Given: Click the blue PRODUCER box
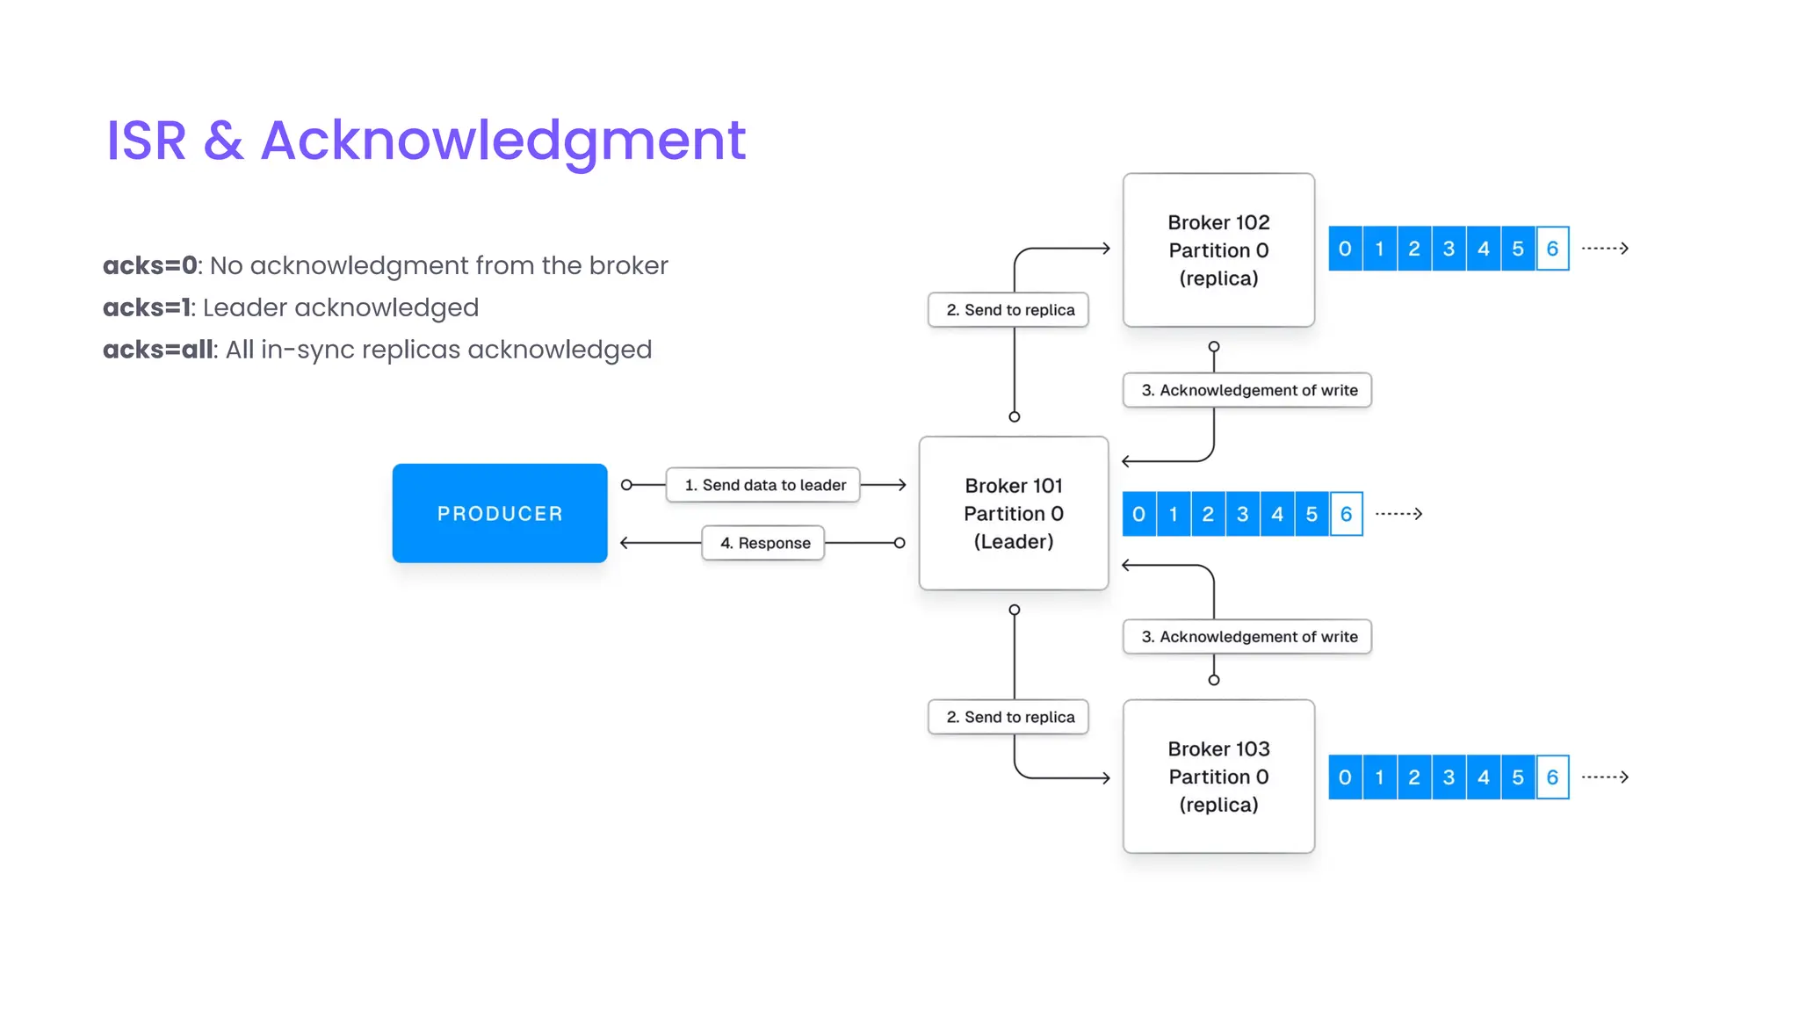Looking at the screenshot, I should [499, 513].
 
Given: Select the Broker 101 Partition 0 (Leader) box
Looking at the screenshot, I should [1013, 513].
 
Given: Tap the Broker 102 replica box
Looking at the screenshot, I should [1218, 250].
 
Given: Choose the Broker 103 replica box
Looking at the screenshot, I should [1218, 777].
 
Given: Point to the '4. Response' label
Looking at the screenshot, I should [763, 543].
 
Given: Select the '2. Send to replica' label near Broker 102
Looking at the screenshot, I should [1008, 310].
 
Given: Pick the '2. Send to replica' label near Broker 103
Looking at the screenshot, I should [1008, 717].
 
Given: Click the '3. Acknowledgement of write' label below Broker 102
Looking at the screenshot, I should [1247, 390].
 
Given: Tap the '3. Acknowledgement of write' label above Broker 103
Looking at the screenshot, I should [1247, 637].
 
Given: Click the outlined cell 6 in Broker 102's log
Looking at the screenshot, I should [1552, 249].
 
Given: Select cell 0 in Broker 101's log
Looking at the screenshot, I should [1138, 514].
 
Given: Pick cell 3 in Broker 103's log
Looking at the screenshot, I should [1449, 777].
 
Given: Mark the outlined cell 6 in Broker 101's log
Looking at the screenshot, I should [1346, 514].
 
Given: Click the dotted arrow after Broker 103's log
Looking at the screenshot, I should [1605, 777].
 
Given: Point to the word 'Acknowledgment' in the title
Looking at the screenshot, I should [503, 141].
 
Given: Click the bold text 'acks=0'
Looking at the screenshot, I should [149, 265].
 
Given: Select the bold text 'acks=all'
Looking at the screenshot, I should [158, 350].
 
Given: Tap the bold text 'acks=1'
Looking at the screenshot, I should [146, 307].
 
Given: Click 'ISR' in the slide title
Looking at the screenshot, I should [146, 141].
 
